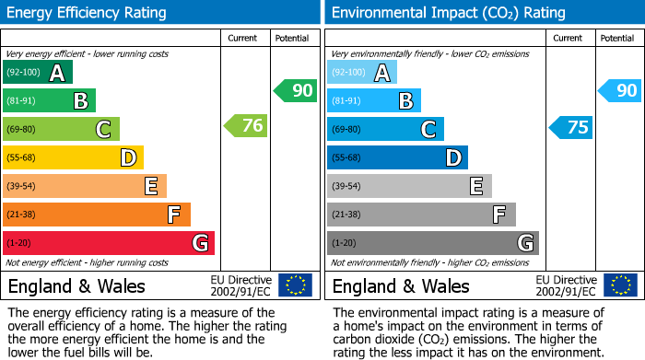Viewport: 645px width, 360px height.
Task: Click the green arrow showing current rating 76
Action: tap(247, 126)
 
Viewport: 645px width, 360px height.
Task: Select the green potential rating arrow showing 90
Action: tap(296, 90)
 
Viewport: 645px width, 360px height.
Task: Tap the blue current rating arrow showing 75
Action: tap(571, 127)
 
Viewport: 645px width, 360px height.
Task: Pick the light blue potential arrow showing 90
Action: tap(620, 90)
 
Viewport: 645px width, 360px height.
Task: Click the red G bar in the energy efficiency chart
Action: tap(109, 243)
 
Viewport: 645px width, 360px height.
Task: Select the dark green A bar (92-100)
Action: tap(38, 73)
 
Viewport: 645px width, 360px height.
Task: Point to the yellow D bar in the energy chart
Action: tap(73, 158)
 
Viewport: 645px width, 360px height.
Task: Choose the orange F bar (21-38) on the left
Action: tap(97, 215)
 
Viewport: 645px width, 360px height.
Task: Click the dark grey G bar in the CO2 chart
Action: tap(432, 243)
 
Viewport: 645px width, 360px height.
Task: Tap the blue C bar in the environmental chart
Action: tap(385, 130)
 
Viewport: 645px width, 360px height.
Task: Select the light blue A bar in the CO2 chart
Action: tap(362, 73)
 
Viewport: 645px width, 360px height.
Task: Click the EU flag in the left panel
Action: tap(295, 285)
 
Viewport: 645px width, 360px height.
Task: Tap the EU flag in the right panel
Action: tap(619, 285)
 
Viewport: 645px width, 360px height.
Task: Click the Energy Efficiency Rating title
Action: tap(88, 13)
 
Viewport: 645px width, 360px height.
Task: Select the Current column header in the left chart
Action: tap(243, 38)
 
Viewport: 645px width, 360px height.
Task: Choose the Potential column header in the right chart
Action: tap(616, 38)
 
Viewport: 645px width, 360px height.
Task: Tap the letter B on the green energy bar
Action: tap(80, 101)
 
